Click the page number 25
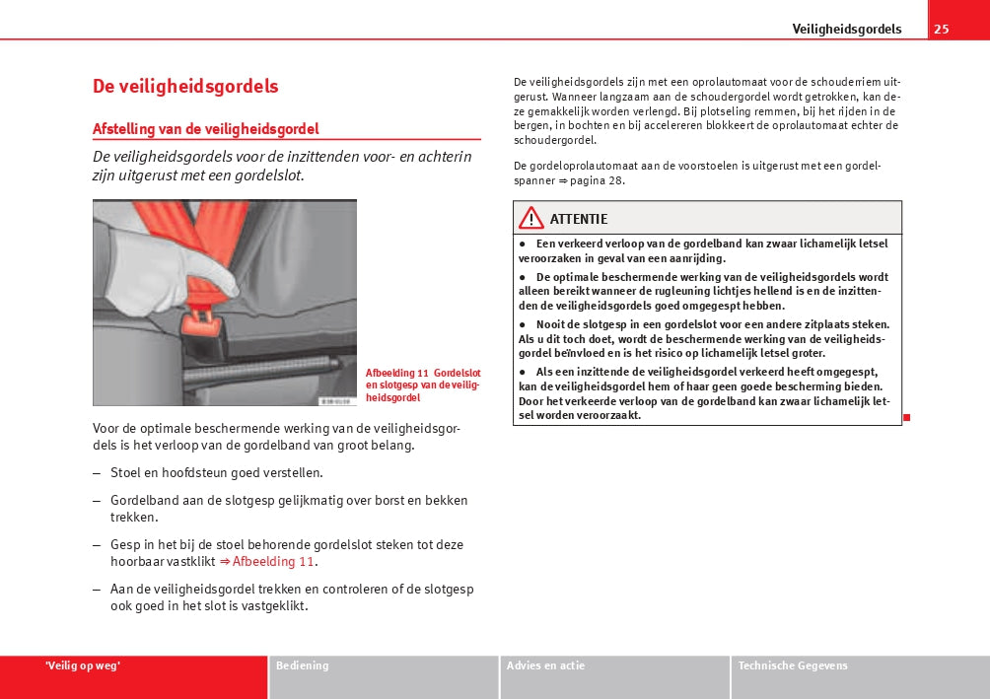[942, 29]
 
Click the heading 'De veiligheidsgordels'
[185, 86]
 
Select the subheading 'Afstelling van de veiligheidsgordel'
[205, 129]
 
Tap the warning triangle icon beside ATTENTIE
[531, 218]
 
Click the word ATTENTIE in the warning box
[579, 219]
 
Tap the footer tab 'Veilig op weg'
[83, 666]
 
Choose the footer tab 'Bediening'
[303, 666]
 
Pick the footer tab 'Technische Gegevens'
[793, 666]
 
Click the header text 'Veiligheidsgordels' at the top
[847, 29]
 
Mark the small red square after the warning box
[906, 417]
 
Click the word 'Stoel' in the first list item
[125, 473]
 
